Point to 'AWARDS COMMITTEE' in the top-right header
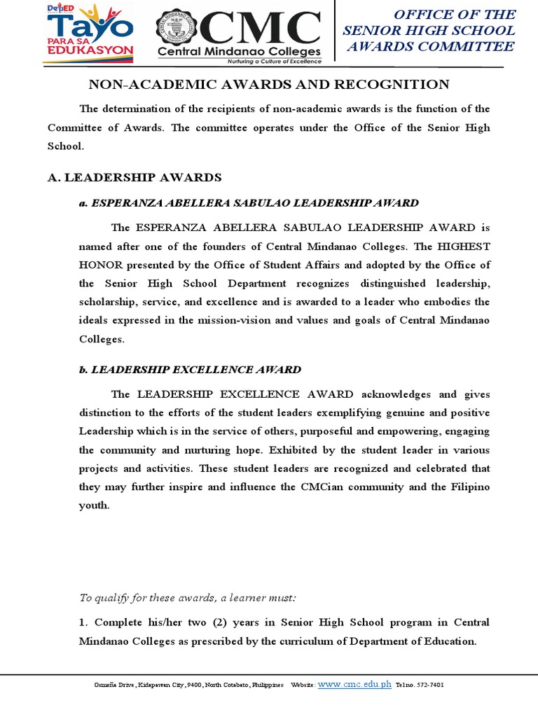431,47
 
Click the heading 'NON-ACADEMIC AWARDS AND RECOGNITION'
268,85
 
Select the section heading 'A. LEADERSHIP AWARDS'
134,177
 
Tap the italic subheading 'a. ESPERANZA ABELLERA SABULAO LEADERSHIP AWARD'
249,203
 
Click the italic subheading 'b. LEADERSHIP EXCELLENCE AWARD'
190,369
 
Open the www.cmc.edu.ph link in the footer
354,684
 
